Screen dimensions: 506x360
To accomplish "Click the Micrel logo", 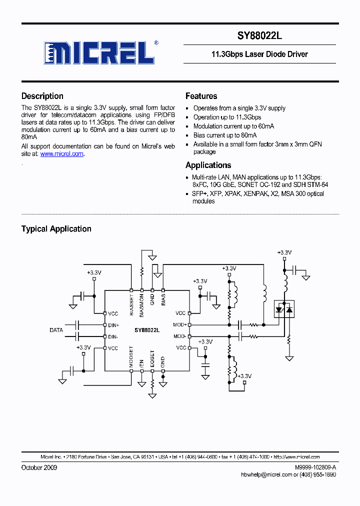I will click(100, 52).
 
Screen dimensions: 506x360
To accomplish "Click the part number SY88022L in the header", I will click(260, 36).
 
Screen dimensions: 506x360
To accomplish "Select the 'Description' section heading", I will click(42, 96).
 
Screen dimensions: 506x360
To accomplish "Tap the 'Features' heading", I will click(201, 96).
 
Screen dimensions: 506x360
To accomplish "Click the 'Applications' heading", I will click(208, 165).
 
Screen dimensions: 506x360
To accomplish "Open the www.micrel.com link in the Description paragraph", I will click(61, 154).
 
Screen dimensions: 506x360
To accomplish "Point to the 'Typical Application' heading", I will click(56, 228).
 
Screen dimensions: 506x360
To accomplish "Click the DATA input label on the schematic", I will click(56, 330).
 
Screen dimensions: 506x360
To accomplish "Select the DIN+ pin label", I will click(113, 325).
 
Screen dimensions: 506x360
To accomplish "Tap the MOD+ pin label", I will click(180, 324).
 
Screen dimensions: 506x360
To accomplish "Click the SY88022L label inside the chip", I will click(147, 330).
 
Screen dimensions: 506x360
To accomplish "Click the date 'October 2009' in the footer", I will click(39, 467).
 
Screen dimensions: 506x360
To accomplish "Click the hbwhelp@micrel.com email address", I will click(266, 474).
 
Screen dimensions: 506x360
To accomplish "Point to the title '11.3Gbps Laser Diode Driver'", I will click(260, 54).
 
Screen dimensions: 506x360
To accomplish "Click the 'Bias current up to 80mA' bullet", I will click(225, 135).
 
